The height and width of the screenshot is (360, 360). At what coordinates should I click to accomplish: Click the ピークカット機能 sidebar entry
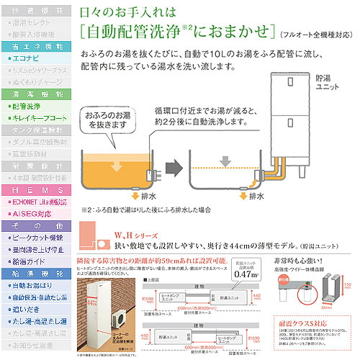click(x=33, y=236)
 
